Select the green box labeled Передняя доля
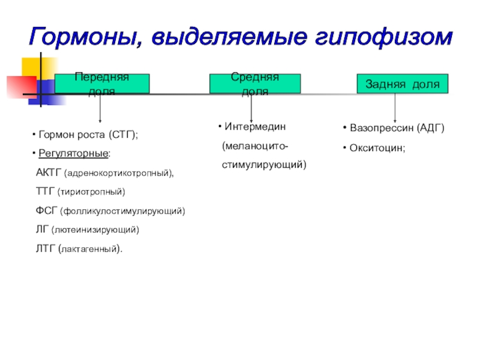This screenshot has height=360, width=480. pos(102,84)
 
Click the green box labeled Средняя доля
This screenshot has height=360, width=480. pos(254,84)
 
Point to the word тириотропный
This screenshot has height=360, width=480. pos(91,192)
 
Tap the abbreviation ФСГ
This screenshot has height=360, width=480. pos(46,211)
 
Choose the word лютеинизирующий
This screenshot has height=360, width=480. pos(95,230)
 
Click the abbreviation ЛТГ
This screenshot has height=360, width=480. pos(46,248)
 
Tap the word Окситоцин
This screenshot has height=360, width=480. pos(377,148)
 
